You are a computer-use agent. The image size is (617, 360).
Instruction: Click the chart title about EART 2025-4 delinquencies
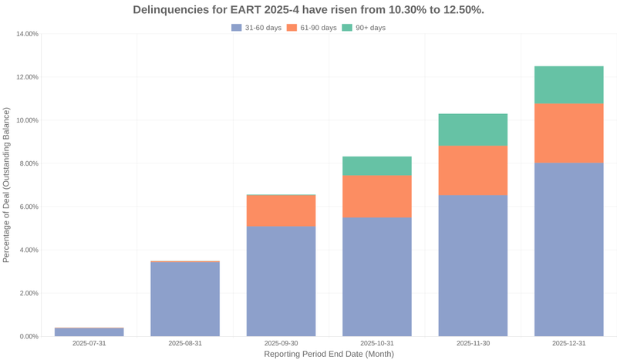point(308,10)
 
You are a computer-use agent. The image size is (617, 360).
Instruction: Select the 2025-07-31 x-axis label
point(89,343)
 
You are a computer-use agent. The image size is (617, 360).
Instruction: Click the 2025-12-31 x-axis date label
point(568,343)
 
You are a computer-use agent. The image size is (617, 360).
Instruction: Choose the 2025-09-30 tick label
point(281,343)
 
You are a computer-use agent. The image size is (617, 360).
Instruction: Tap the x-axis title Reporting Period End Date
point(329,354)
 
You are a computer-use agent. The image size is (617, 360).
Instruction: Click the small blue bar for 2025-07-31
point(89,332)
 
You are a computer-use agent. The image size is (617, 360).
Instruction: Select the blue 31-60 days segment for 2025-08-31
point(185,299)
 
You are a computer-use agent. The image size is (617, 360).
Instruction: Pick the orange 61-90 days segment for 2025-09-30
point(281,210)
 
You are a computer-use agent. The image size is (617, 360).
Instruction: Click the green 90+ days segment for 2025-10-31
point(377,166)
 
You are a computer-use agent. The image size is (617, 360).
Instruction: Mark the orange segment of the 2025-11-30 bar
point(473,170)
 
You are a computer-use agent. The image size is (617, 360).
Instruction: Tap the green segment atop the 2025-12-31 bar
point(568,85)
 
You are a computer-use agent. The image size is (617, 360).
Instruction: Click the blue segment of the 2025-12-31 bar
point(568,249)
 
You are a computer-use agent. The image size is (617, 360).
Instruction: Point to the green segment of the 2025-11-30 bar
point(473,130)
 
